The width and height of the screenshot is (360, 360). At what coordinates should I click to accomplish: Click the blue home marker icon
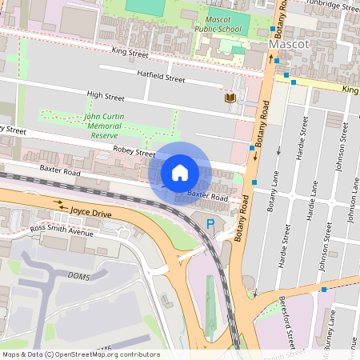coord(180,173)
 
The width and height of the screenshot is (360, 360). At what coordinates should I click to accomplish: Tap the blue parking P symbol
coord(210,225)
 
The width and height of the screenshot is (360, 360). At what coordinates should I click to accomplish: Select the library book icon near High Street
coord(231,98)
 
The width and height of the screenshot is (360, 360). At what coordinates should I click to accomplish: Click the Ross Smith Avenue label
coord(62,231)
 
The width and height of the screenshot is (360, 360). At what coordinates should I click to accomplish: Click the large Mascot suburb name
coord(289,45)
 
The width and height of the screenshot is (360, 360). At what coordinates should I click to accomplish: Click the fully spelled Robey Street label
coord(134,152)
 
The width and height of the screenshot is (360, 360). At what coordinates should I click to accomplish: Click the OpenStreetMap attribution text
coord(81,354)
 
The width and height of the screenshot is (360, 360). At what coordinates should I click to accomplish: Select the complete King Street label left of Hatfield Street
coord(130,54)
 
